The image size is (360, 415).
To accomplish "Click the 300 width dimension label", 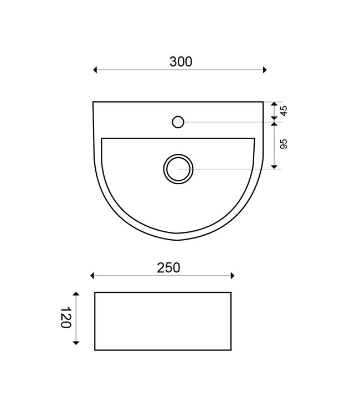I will [181, 62].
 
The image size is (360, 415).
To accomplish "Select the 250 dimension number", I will [168, 268].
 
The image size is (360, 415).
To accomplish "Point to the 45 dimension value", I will [284, 111].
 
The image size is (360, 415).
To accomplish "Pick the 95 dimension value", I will [284, 144].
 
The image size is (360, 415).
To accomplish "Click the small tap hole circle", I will [178, 121].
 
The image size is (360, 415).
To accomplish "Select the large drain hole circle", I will [178, 168].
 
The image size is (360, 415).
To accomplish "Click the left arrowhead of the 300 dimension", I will [96, 70].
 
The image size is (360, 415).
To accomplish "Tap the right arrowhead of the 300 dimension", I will [265, 70].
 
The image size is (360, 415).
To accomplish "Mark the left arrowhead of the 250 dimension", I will [93, 276].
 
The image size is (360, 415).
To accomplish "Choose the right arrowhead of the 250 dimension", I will [233, 276].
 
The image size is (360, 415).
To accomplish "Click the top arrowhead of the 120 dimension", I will [76, 294].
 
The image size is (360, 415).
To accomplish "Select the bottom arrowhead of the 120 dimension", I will [76, 343].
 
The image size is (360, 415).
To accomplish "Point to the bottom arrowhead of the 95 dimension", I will [274, 165].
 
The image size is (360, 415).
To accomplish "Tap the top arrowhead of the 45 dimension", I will [274, 104].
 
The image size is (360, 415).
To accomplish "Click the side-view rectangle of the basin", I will [163, 321].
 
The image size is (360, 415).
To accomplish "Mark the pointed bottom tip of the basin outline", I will [177, 240].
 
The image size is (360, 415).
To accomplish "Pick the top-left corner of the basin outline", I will [93, 102].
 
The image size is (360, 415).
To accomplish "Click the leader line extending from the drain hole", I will [233, 169].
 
